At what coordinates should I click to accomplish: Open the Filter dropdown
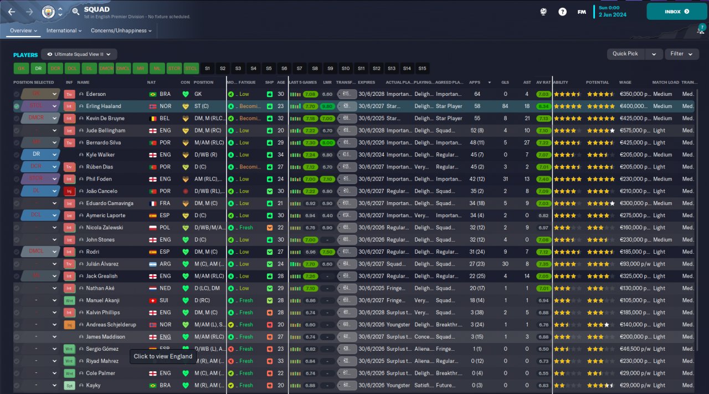tap(681, 54)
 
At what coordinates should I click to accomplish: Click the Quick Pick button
tap(625, 54)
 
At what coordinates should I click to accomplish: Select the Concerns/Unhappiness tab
tap(121, 31)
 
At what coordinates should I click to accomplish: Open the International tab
tap(64, 31)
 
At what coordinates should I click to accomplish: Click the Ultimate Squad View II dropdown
tap(79, 54)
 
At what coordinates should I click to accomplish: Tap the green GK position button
tap(21, 69)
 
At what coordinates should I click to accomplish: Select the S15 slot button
tap(422, 69)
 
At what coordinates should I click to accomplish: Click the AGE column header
tap(281, 83)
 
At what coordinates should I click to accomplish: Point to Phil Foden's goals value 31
tap(505, 179)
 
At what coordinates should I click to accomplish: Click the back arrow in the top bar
tap(12, 12)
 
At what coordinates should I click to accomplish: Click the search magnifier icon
tap(76, 12)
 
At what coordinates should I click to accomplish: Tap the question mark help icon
tap(562, 12)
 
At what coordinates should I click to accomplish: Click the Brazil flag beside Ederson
tap(152, 94)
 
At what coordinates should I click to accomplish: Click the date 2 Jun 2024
tap(612, 15)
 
